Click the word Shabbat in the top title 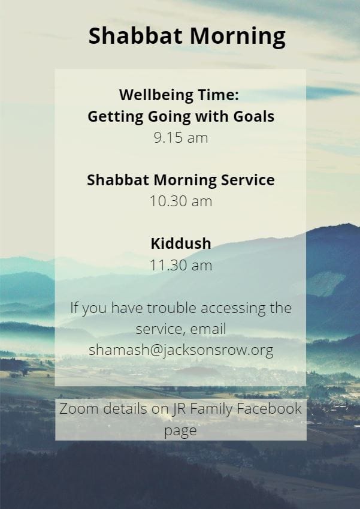pyautogui.click(x=135, y=35)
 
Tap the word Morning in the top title pyautogui.click(x=238, y=37)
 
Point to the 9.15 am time pyautogui.click(x=181, y=138)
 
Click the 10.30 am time pyautogui.click(x=181, y=201)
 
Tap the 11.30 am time pyautogui.click(x=181, y=265)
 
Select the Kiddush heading pyautogui.click(x=181, y=243)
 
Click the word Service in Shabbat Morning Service pyautogui.click(x=248, y=180)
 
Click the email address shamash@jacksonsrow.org pyautogui.click(x=181, y=350)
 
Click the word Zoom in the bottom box pyautogui.click(x=79, y=408)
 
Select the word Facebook pyautogui.click(x=269, y=408)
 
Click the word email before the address pyautogui.click(x=208, y=329)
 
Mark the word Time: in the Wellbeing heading pyautogui.click(x=218, y=95)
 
